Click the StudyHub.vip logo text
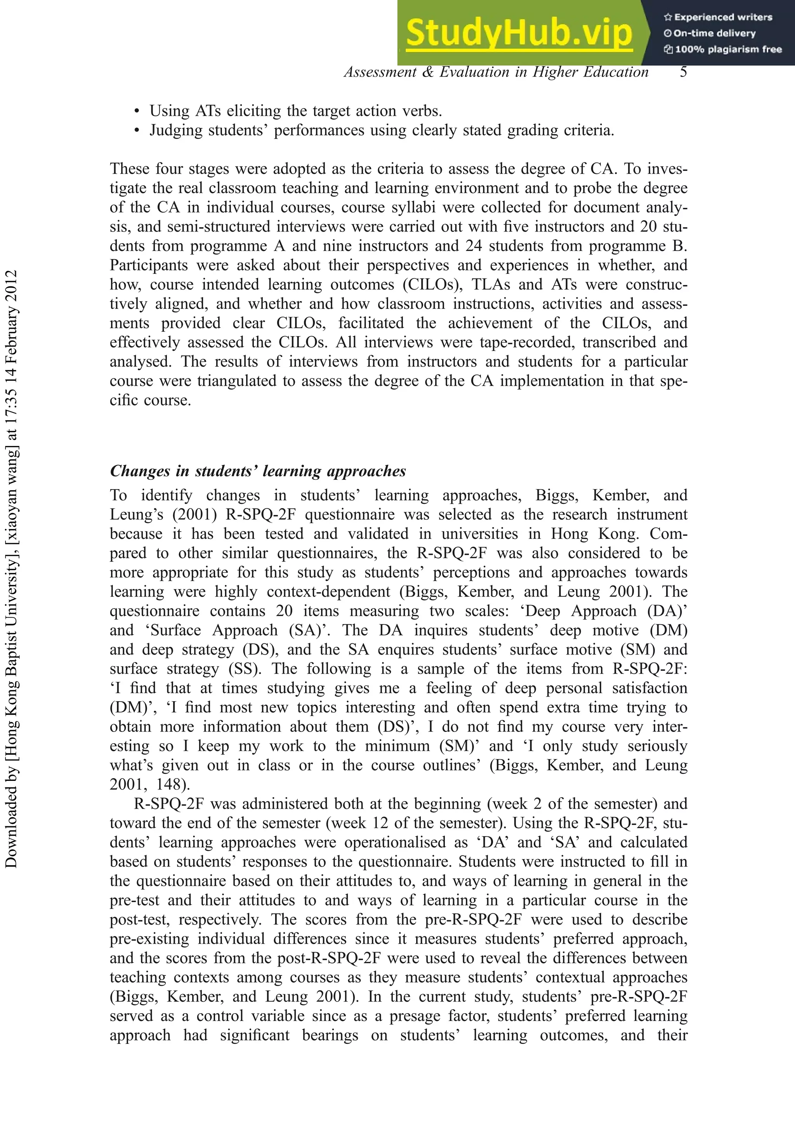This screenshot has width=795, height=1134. pyautogui.click(x=519, y=33)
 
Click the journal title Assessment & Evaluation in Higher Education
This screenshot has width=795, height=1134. pyautogui.click(x=496, y=72)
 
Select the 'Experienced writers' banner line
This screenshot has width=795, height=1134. pyautogui.click(x=718, y=17)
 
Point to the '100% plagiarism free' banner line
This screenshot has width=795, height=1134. pyautogui.click(x=723, y=49)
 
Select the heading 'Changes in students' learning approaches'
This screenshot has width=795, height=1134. pyautogui.click(x=258, y=471)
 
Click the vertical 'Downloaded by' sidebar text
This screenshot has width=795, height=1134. pyautogui.click(x=11, y=568)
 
